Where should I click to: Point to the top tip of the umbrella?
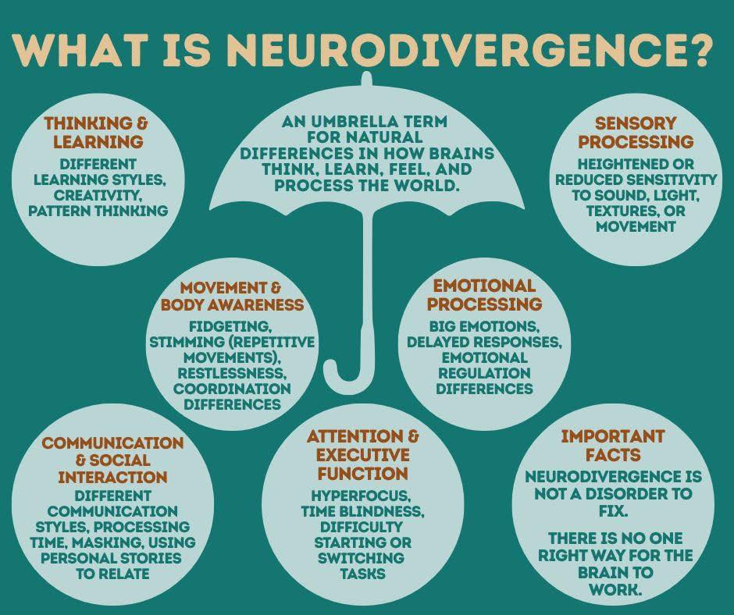(367, 75)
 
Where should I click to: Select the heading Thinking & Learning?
(96, 132)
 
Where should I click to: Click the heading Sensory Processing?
(636, 132)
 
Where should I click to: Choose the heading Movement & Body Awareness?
(232, 296)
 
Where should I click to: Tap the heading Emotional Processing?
(484, 295)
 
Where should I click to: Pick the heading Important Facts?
(612, 445)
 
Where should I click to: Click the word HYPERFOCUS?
(362, 495)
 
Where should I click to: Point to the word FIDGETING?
(230, 325)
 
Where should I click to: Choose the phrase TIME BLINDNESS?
(362, 511)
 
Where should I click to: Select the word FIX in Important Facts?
(613, 510)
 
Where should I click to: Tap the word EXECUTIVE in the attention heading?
(362, 454)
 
